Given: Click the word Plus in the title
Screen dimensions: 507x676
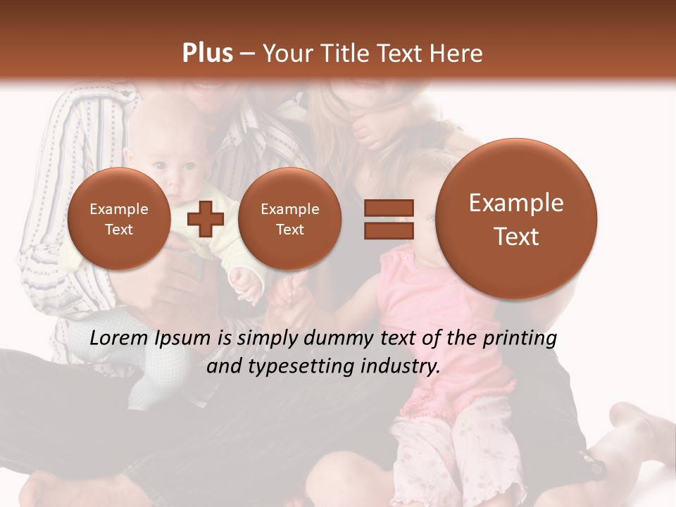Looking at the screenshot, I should pos(207,54).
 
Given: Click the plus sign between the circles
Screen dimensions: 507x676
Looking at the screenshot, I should pos(205,219).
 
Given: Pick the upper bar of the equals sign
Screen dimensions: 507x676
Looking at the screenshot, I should pos(388,208).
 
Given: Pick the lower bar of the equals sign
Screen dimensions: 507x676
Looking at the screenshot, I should pos(388,230).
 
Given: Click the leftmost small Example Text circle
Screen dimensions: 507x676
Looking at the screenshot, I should pos(118,219).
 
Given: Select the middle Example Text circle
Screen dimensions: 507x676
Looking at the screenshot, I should pos(289,219).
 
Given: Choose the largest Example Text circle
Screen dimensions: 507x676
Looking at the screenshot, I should pos(516,219).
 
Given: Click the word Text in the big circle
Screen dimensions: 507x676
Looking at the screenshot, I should pos(516,237).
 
